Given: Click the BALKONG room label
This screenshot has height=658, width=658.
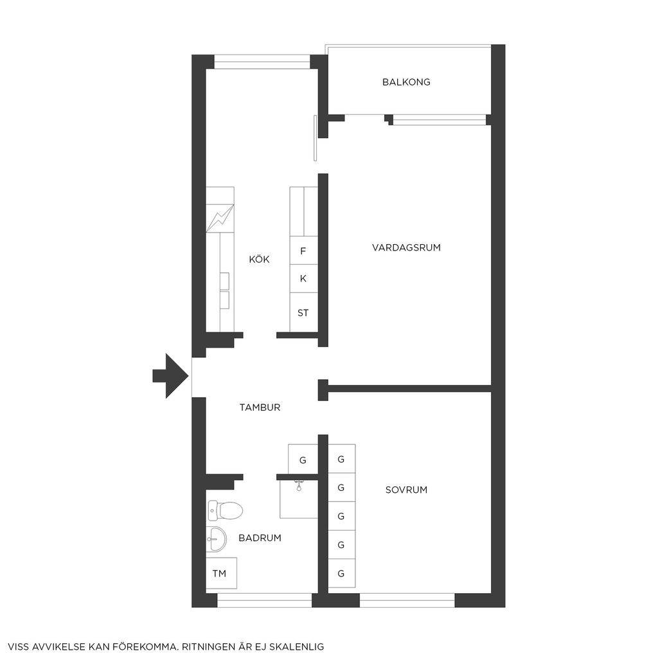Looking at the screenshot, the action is pos(406,82).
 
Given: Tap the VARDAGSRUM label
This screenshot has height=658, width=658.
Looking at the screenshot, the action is pos(406,247).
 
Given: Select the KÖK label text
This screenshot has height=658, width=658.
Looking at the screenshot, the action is pos(260,259).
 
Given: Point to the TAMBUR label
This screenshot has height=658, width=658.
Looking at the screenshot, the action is pos(260,407).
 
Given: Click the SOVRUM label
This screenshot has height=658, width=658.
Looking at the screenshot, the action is pos(406,490).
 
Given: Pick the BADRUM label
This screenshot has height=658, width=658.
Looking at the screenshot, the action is pos(260,538).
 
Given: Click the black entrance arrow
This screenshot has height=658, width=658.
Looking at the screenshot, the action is pos(170,376).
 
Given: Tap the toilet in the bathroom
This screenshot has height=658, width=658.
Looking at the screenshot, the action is pos(226,510).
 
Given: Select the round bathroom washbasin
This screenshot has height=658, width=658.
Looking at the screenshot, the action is pos(217,539).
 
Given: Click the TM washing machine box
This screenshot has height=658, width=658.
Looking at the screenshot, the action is pos(222,573).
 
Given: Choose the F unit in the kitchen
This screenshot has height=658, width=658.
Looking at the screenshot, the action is pos(303,251).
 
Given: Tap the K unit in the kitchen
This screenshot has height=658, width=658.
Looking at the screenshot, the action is pos(303,279).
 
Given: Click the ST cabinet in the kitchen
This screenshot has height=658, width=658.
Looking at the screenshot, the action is pos(303,313).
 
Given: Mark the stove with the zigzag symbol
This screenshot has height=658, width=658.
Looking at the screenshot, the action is pos(220,218).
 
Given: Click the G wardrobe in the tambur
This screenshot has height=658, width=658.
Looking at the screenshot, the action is pos(303,459).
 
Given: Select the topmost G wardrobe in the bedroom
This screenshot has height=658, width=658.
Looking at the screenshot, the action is pos(342,459).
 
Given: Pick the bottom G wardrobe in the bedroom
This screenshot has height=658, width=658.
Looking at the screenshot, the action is pos(342,573).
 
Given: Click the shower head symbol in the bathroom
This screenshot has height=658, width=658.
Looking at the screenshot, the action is pos(299,486).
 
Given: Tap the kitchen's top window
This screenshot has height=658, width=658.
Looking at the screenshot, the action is pos(262,65).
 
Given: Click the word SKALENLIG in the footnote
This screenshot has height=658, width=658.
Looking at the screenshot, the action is pos(297,646).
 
